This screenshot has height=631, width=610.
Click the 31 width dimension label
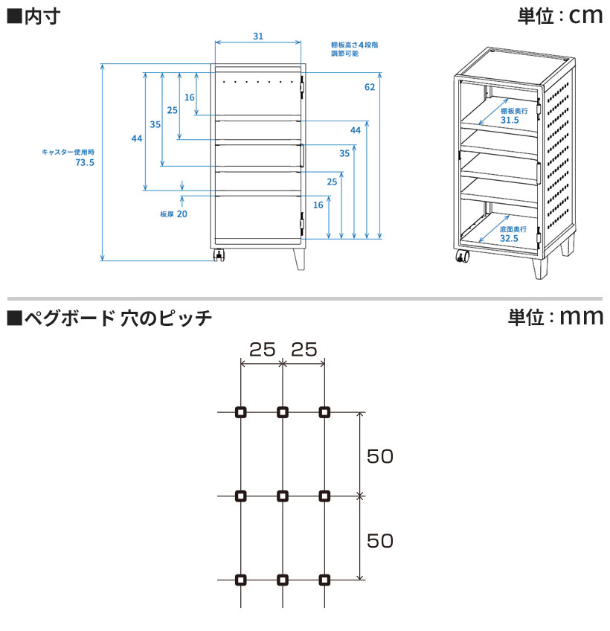pos(257,36)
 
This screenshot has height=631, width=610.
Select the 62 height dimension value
pos(370,87)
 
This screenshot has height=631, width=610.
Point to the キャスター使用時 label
pos(68,152)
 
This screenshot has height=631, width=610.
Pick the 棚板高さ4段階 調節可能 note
pos(355,49)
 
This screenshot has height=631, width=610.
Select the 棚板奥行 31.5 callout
pos(510,115)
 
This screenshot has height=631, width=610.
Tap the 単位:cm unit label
pos(559,16)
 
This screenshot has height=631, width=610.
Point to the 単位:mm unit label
pos(555,317)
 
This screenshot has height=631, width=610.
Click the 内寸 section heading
pos(33,16)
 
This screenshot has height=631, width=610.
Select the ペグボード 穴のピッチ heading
pos(109,318)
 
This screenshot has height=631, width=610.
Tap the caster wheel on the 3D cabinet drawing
pos(463,258)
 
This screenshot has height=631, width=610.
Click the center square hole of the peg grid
pos(282,496)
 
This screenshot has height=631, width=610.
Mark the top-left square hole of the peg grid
pos(240,412)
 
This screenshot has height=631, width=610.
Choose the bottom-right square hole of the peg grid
pos(324,579)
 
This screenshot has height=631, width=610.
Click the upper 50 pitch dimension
pos(379,456)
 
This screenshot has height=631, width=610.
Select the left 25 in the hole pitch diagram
pos(262,348)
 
